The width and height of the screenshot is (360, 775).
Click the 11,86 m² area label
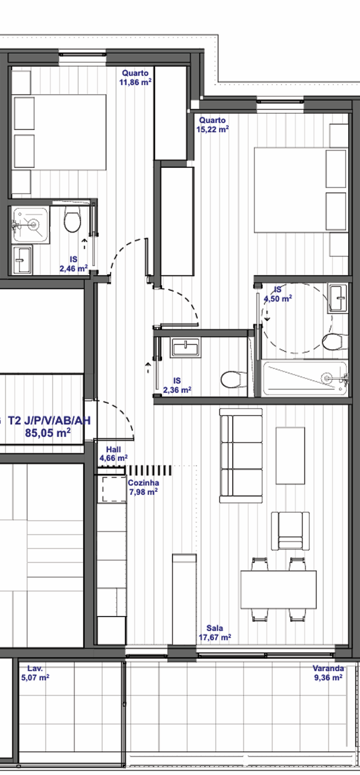coord(135,82)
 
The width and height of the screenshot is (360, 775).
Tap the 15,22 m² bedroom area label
coord(212,129)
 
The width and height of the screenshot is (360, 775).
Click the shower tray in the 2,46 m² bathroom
coord(30,224)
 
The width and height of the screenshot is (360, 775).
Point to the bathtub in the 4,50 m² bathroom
coord(304,378)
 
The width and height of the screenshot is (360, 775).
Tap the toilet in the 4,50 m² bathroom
coord(334,341)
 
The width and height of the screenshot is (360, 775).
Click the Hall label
coord(113,450)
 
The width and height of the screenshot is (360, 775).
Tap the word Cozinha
coord(143,483)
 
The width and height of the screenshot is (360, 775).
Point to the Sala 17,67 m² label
coord(215,633)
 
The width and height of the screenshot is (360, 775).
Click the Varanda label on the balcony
coord(328,668)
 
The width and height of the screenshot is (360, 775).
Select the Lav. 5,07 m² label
coord(35,673)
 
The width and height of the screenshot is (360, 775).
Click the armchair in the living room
coord(290,531)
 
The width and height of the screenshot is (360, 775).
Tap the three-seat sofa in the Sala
coord(241,455)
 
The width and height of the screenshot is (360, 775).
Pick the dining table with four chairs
coord(279,589)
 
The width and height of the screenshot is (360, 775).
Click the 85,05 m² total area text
coord(48,433)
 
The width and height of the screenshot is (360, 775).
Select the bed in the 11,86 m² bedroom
coord(59,132)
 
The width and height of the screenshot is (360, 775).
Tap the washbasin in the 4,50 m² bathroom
coord(338,298)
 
